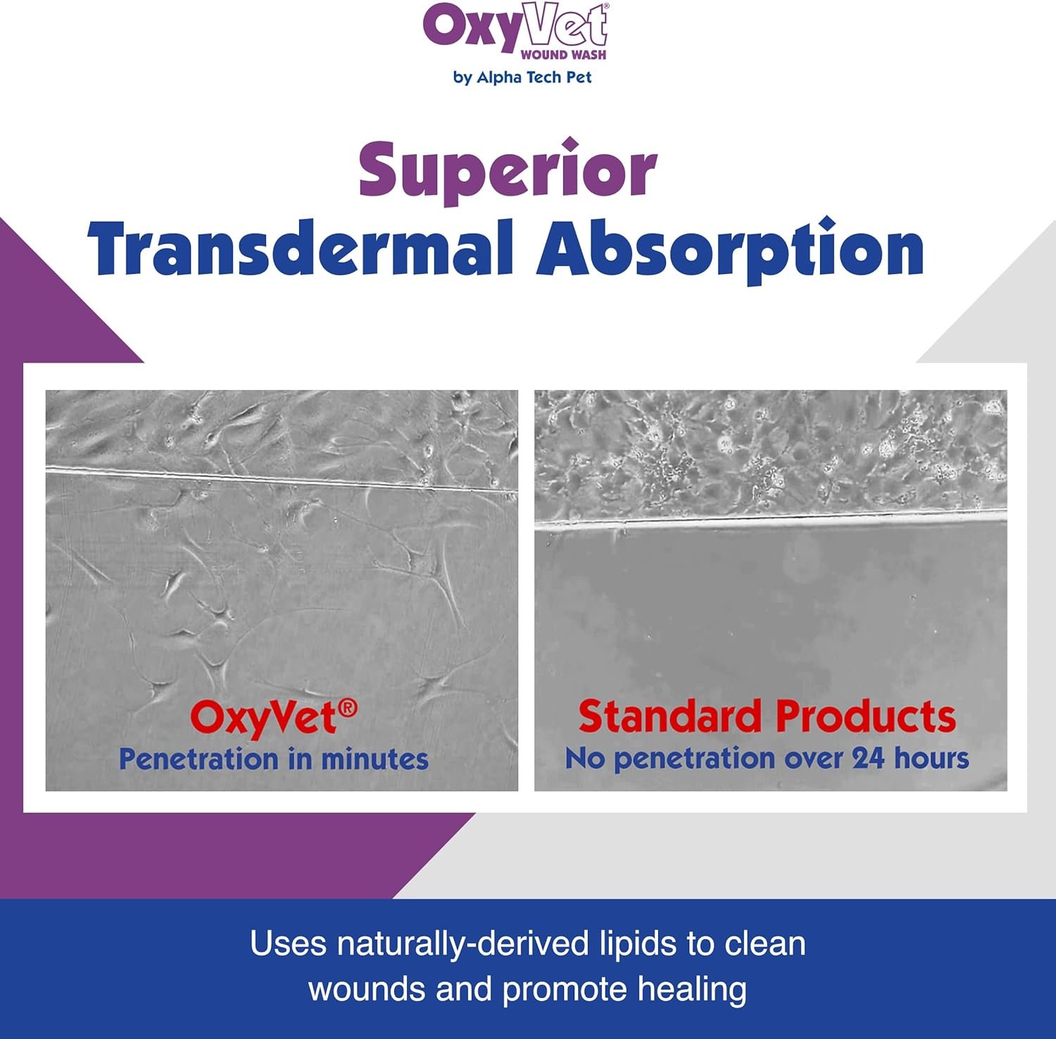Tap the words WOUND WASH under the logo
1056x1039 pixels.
pos(563,54)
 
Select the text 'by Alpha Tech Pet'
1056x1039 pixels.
pos(522,77)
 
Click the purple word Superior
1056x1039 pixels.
pos(508,170)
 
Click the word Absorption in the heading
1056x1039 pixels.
pos(730,250)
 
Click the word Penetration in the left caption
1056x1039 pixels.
pos(199,759)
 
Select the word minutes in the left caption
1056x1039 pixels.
pos(375,760)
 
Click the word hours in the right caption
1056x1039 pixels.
pos(931,758)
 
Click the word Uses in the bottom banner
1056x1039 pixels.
pos(289,943)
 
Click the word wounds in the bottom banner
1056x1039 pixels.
pos(367,989)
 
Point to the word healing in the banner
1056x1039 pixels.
pos(693,990)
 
